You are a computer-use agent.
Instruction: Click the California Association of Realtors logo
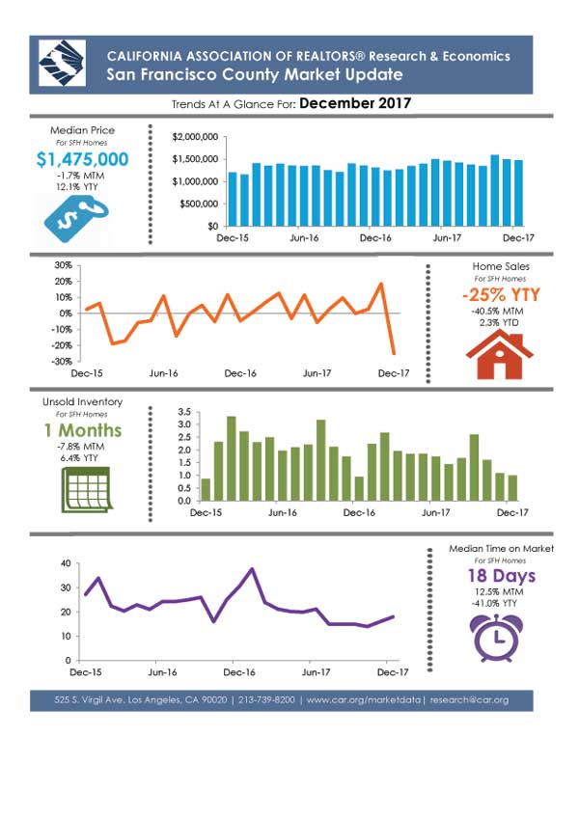tap(62, 63)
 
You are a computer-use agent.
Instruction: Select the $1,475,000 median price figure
tap(83, 159)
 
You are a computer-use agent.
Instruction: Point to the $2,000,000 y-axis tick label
tap(195, 137)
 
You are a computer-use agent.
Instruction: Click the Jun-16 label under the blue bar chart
tap(304, 238)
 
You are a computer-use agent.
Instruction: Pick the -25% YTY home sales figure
tap(501, 294)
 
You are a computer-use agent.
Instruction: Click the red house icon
tap(500, 355)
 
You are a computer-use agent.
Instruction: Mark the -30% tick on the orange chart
tap(64, 361)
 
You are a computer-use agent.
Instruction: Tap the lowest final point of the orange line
tap(394, 354)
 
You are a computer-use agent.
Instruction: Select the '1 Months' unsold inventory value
tap(83, 430)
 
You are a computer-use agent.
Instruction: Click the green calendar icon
tap(87, 490)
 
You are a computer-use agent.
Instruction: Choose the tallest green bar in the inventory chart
tap(231, 458)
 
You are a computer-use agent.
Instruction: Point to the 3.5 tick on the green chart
tap(184, 412)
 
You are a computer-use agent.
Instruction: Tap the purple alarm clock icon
tap(496, 639)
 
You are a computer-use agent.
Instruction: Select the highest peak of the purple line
tap(253, 569)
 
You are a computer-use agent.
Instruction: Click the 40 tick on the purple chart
tap(66, 563)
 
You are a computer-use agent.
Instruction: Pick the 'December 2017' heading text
tap(355, 103)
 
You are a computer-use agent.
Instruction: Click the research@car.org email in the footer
tap(469, 700)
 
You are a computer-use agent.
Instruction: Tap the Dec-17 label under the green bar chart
tap(512, 513)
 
